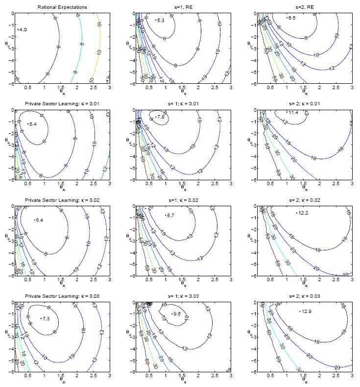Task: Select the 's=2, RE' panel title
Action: point(303,7)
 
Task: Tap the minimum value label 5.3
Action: point(160,21)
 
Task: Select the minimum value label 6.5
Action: point(291,18)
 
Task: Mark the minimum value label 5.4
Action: point(33,124)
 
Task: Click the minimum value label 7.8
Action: point(160,118)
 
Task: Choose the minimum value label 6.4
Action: point(39,220)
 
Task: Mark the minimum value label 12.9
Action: point(306,311)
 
